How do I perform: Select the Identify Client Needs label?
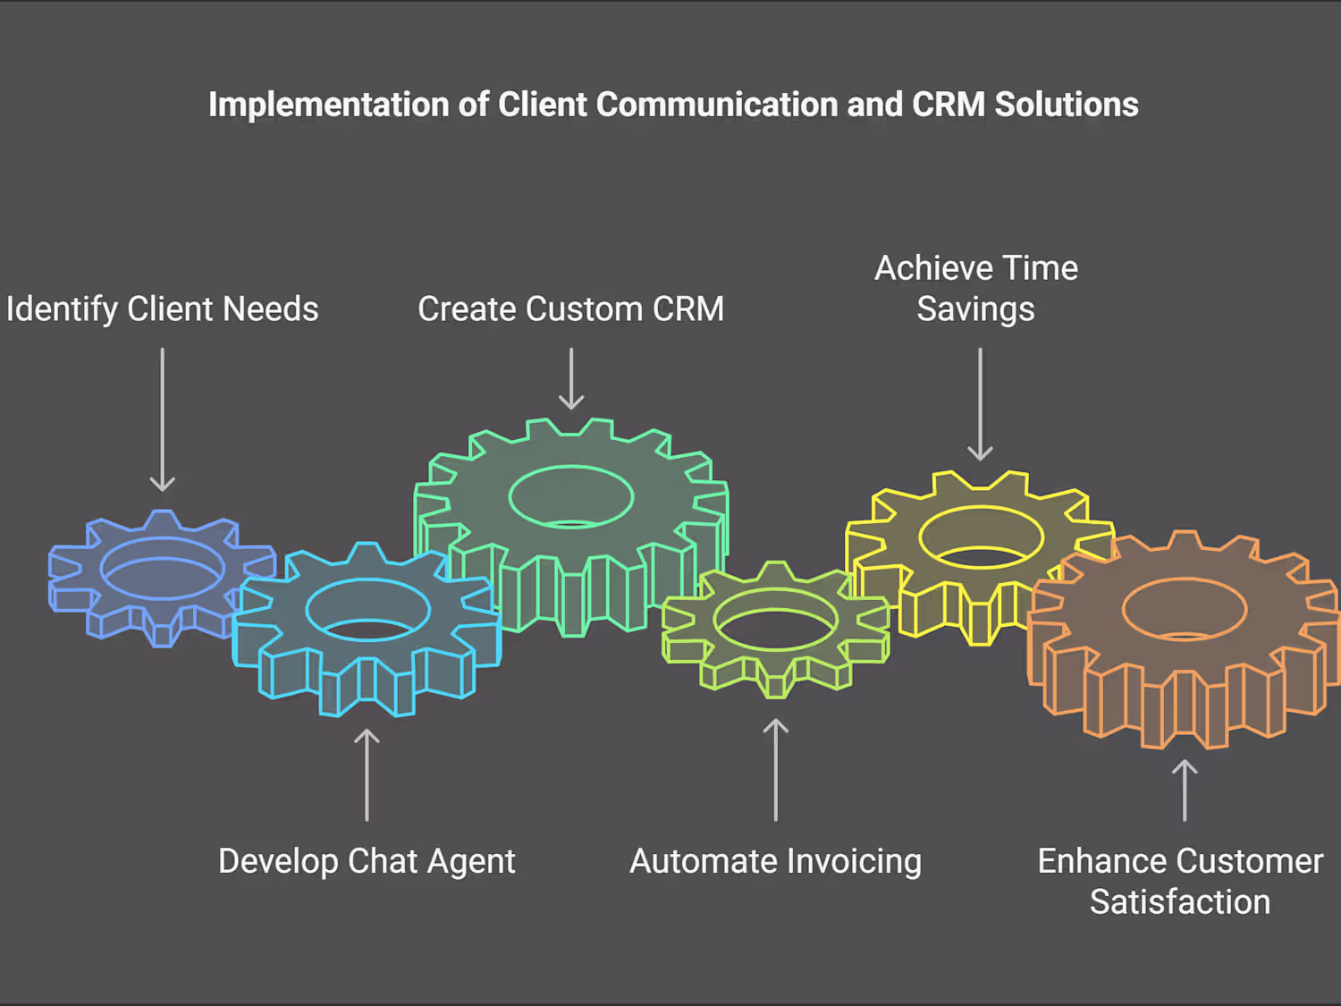coord(163,309)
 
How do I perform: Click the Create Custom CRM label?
coord(570,309)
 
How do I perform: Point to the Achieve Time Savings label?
coord(976,288)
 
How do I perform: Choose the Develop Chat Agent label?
coord(367,861)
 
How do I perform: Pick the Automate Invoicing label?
coord(775,861)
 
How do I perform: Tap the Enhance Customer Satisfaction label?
coord(1180,881)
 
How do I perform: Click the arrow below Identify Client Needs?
coord(163,419)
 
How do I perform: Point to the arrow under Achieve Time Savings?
coord(980,404)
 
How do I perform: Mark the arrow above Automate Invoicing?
coord(776,770)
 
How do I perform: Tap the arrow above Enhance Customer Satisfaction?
coord(1185,790)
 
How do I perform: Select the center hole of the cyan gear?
coord(367,611)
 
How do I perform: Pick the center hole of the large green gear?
coord(571,497)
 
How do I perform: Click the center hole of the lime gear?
coord(776,620)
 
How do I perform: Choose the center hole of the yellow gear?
coord(981,537)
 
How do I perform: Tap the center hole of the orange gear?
coord(1185,610)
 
